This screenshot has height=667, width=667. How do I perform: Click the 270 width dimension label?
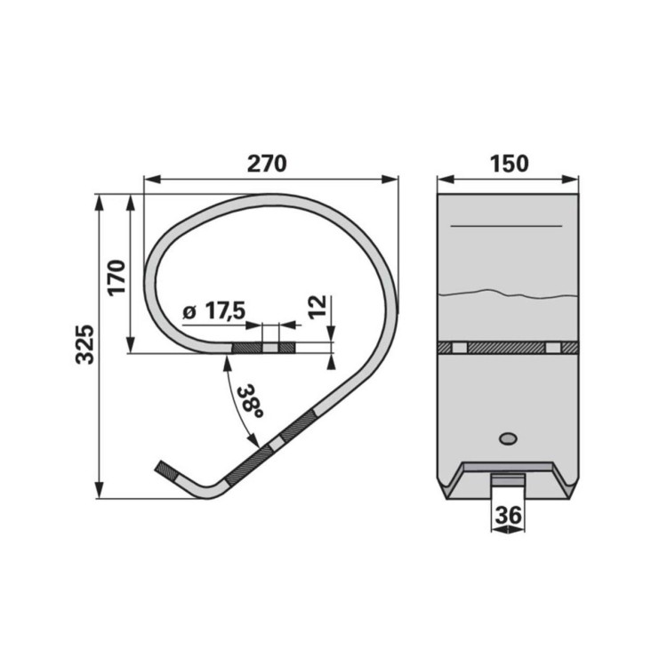267,164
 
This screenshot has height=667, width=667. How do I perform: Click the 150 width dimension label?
510,164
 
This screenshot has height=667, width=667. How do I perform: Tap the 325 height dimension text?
84,344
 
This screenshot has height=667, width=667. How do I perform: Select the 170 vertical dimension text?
117,277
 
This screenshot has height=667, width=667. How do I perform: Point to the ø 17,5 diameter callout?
214,311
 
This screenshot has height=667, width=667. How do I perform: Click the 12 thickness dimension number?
317,307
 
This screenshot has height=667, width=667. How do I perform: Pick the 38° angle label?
251,402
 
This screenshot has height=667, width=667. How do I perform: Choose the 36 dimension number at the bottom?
509,516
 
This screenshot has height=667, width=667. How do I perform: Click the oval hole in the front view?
508,438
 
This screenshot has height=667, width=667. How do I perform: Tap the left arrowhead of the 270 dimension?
152,179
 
